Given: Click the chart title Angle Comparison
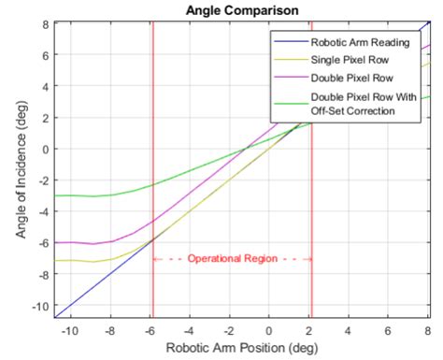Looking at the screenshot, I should [241, 9].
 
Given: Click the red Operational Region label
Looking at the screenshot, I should [232, 259].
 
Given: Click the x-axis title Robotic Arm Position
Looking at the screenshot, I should [241, 348].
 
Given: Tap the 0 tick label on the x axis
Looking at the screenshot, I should [269, 330].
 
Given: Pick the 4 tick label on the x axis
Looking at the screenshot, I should [349, 330].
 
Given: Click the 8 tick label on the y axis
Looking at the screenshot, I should [44, 23].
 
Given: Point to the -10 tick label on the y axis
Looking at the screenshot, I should [38, 306].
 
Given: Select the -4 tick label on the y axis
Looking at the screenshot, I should [41, 212].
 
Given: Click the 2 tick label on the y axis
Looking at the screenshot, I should [44, 118].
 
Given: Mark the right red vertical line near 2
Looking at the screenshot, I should [311, 206].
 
